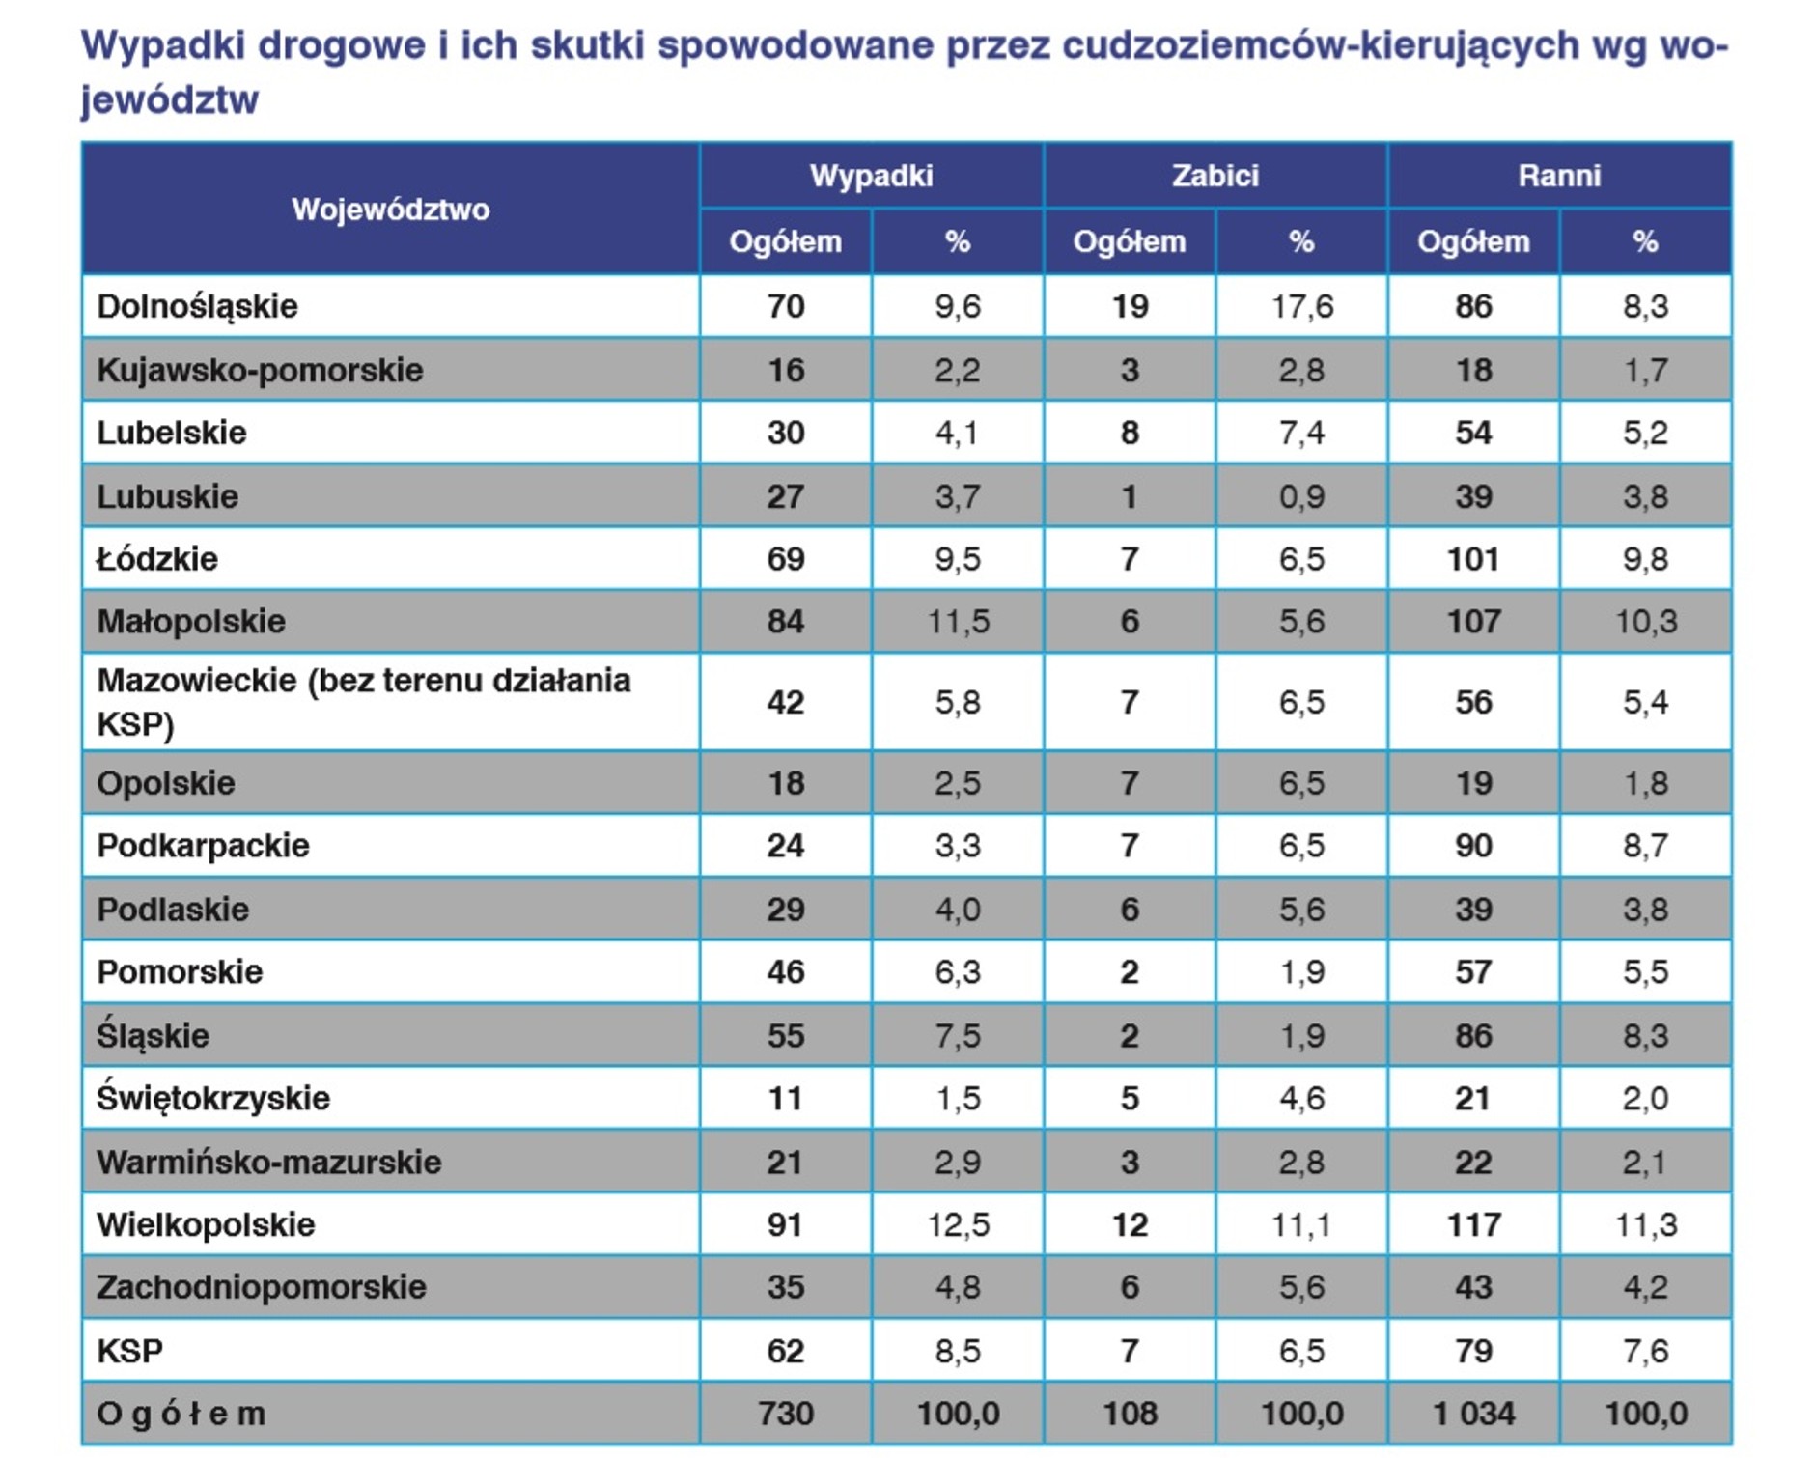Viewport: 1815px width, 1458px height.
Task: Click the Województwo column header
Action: [390, 209]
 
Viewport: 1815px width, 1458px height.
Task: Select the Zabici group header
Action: [1215, 175]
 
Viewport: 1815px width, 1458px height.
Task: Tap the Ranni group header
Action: [1558, 175]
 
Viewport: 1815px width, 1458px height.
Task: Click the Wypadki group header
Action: [871, 175]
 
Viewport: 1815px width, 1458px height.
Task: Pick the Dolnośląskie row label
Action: [197, 306]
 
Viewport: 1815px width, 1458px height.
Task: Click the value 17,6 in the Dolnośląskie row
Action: [1301, 306]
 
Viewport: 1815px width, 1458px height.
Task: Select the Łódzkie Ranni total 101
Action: [1472, 558]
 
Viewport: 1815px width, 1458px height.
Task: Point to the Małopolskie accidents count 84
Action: [785, 621]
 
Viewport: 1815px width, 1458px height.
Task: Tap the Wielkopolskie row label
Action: [206, 1224]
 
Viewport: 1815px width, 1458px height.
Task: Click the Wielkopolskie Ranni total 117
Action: [1473, 1224]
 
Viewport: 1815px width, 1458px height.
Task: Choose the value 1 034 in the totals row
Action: [1473, 1414]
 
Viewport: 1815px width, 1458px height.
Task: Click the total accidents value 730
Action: [785, 1414]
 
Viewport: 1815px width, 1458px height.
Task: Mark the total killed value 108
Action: [1130, 1414]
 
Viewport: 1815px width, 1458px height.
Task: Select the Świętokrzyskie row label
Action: [213, 1098]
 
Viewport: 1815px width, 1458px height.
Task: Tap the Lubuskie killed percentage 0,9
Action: [1301, 496]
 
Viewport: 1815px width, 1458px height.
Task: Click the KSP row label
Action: [129, 1350]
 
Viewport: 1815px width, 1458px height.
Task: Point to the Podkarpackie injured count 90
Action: [1473, 846]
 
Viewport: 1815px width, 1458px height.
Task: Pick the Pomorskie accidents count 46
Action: [785, 971]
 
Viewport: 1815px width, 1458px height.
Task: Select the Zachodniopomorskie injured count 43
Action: [1473, 1287]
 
